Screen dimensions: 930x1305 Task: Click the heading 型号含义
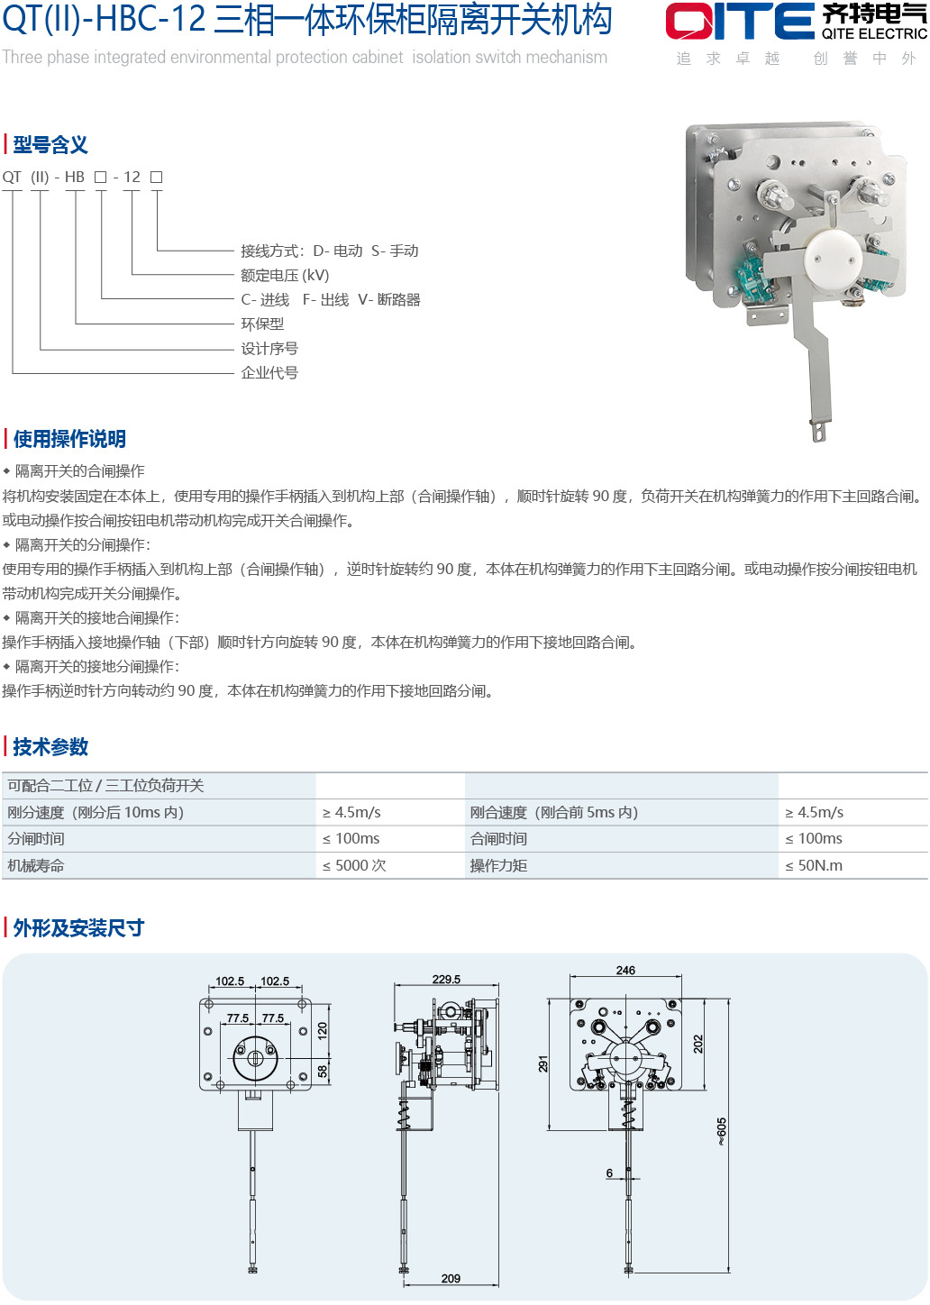[50, 145]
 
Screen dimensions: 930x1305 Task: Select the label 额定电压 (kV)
[285, 275]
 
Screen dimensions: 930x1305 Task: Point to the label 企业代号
[269, 373]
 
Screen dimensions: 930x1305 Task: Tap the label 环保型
[262, 324]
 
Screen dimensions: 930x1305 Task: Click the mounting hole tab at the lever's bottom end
[820, 430]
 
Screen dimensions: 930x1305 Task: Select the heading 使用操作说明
[69, 439]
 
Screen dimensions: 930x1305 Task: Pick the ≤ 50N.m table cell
[814, 866]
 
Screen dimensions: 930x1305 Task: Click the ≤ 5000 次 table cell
[354, 866]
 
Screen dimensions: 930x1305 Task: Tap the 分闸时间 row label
[35, 839]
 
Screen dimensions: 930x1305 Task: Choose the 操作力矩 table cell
[498, 866]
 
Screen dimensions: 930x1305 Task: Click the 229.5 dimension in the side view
[446, 980]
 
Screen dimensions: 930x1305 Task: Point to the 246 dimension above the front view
[625, 971]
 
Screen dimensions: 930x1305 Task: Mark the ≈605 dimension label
[722, 1131]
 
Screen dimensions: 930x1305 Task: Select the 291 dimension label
[543, 1063]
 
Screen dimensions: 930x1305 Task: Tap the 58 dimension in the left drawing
[323, 1071]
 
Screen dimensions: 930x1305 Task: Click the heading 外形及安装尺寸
[78, 928]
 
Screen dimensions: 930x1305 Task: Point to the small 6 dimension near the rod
[609, 1173]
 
